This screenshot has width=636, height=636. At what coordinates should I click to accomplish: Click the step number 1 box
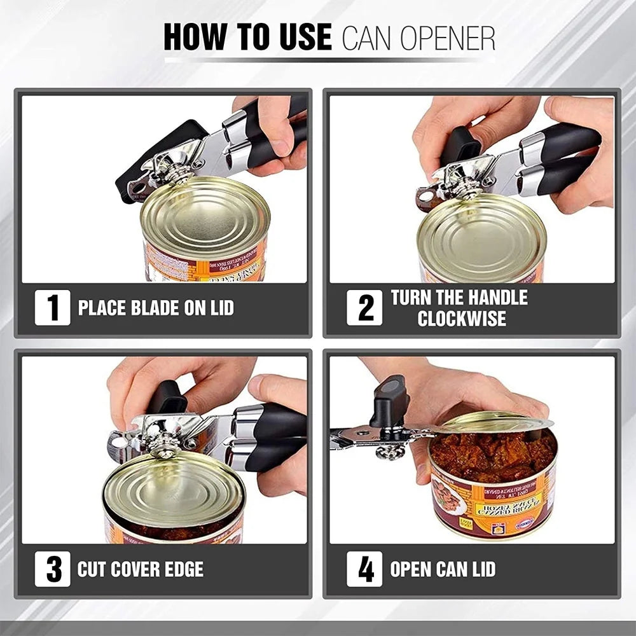(52, 308)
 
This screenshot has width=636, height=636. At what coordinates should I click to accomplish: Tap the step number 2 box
(364, 308)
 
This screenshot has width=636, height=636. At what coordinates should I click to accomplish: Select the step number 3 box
(52, 569)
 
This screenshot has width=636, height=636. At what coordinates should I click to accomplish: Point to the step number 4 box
(364, 569)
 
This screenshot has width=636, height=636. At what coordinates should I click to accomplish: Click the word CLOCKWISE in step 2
(462, 319)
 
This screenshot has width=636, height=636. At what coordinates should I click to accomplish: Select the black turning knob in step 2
(460, 144)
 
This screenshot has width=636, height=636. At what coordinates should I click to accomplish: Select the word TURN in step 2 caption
(411, 298)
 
